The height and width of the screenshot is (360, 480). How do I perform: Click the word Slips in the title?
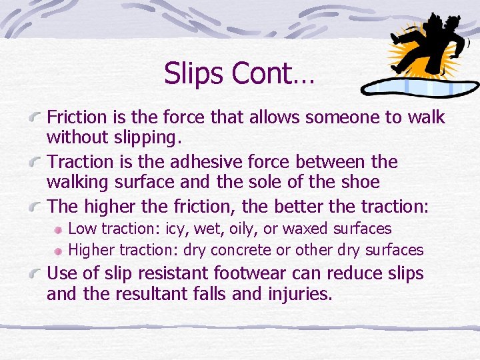click(193, 73)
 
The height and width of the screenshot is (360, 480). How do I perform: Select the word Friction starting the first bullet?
click(77, 117)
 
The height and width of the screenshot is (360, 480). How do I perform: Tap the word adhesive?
click(219, 162)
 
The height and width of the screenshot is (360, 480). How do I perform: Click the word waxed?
click(311, 229)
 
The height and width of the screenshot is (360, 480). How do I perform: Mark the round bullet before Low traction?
click(59, 229)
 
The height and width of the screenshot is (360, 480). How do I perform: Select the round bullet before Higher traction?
click(59, 251)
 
